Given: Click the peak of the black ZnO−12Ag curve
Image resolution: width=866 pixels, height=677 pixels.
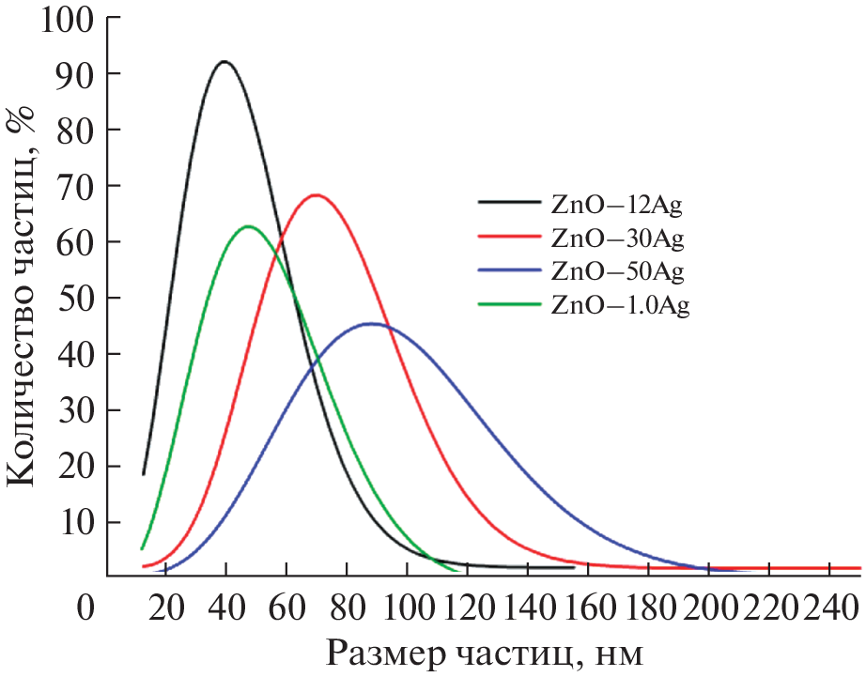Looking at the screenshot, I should tap(224, 62).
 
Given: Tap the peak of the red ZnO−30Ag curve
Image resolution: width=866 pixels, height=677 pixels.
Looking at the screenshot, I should tap(316, 195).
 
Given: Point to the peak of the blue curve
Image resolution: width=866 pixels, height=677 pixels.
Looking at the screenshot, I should tap(371, 324).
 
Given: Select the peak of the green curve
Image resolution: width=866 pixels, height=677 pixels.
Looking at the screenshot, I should tap(249, 226).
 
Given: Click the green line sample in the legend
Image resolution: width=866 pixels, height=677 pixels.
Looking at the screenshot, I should tap(509, 304).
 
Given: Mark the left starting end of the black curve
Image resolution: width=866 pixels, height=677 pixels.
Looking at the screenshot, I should tap(144, 474).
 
